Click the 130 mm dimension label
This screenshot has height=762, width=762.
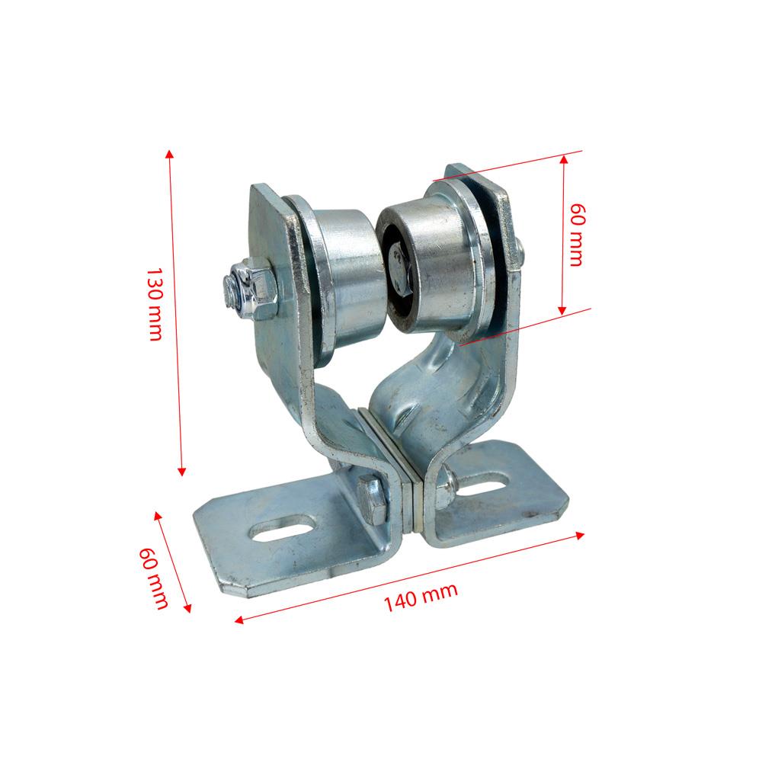tap(154, 304)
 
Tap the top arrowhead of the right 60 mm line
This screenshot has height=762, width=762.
tap(564, 158)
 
